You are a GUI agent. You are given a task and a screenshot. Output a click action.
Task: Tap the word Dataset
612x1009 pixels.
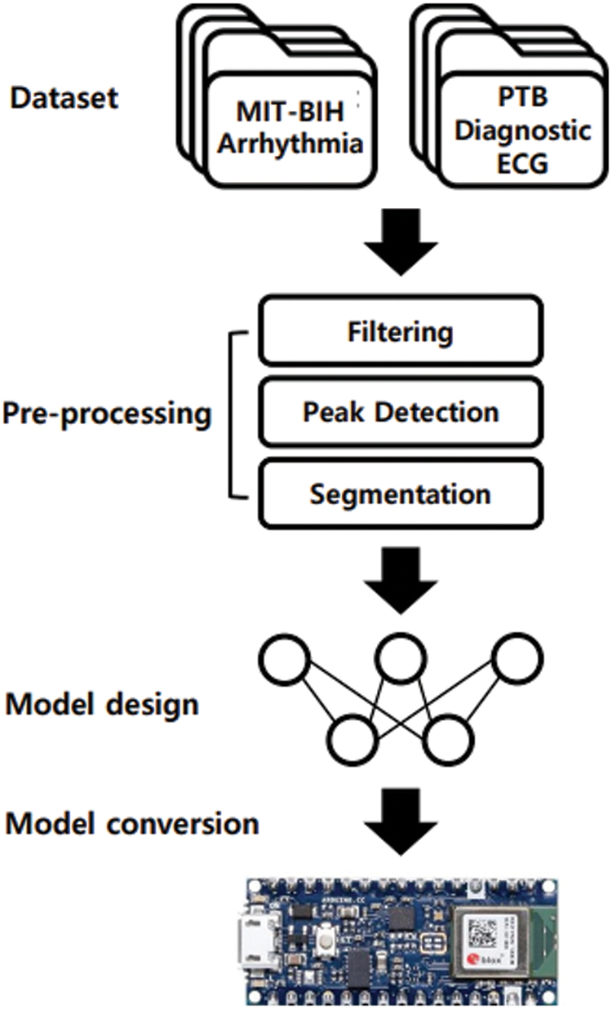pyautogui.click(x=64, y=99)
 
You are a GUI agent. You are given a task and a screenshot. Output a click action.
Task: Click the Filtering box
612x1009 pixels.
pyautogui.click(x=400, y=330)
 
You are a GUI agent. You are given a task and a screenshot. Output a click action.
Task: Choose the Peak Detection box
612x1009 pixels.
pyautogui.click(x=400, y=412)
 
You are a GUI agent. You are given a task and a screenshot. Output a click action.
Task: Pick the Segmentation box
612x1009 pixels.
pyautogui.click(x=400, y=493)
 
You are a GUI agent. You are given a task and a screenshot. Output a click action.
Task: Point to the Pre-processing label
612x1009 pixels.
pyautogui.click(x=106, y=413)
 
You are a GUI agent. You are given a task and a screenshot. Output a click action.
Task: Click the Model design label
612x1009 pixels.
pyautogui.click(x=102, y=703)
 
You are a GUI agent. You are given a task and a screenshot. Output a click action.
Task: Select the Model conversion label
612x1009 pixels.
pyautogui.click(x=132, y=823)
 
